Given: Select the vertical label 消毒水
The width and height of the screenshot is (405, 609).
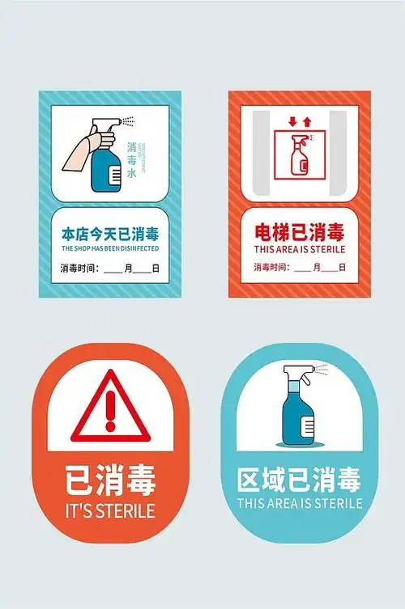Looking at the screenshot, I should click(x=132, y=159).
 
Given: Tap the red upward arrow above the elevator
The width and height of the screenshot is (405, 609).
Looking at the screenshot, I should click(x=307, y=122).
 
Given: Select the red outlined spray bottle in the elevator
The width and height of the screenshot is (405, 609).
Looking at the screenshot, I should click(x=301, y=157).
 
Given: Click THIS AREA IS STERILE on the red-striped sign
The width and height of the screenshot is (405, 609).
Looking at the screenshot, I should click(x=299, y=250).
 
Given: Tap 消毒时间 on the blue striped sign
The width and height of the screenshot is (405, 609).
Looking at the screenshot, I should click(x=79, y=268).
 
